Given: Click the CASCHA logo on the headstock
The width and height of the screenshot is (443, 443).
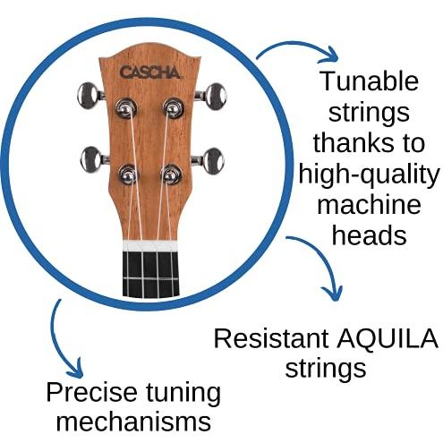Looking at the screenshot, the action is (x=150, y=72).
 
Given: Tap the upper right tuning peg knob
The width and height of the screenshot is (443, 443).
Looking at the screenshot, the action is (x=216, y=97).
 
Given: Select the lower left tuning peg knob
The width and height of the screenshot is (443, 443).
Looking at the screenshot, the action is (x=90, y=159).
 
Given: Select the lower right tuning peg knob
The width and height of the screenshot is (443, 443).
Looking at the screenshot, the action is (x=213, y=161).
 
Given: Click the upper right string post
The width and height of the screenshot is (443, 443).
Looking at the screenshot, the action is (x=173, y=108).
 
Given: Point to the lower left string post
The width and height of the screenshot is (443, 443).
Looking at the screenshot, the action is (x=128, y=175).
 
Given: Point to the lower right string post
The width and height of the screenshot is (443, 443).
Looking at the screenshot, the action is (x=171, y=175).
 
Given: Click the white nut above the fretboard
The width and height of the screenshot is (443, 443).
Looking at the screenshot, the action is (x=150, y=245).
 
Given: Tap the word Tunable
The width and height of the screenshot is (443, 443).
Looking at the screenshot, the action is (x=369, y=81).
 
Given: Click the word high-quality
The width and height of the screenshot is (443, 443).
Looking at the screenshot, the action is (x=370, y=176).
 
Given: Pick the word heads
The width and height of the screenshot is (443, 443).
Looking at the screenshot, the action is (x=370, y=234).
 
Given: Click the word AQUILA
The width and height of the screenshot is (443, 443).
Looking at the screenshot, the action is (x=388, y=339).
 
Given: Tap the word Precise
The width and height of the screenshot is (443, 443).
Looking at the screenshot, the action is (x=91, y=392).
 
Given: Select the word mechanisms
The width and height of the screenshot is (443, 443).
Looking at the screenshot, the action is (x=133, y=422).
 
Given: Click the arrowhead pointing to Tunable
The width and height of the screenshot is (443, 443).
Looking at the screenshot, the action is (x=329, y=55).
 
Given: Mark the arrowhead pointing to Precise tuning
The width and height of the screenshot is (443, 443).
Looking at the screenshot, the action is (x=73, y=368).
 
